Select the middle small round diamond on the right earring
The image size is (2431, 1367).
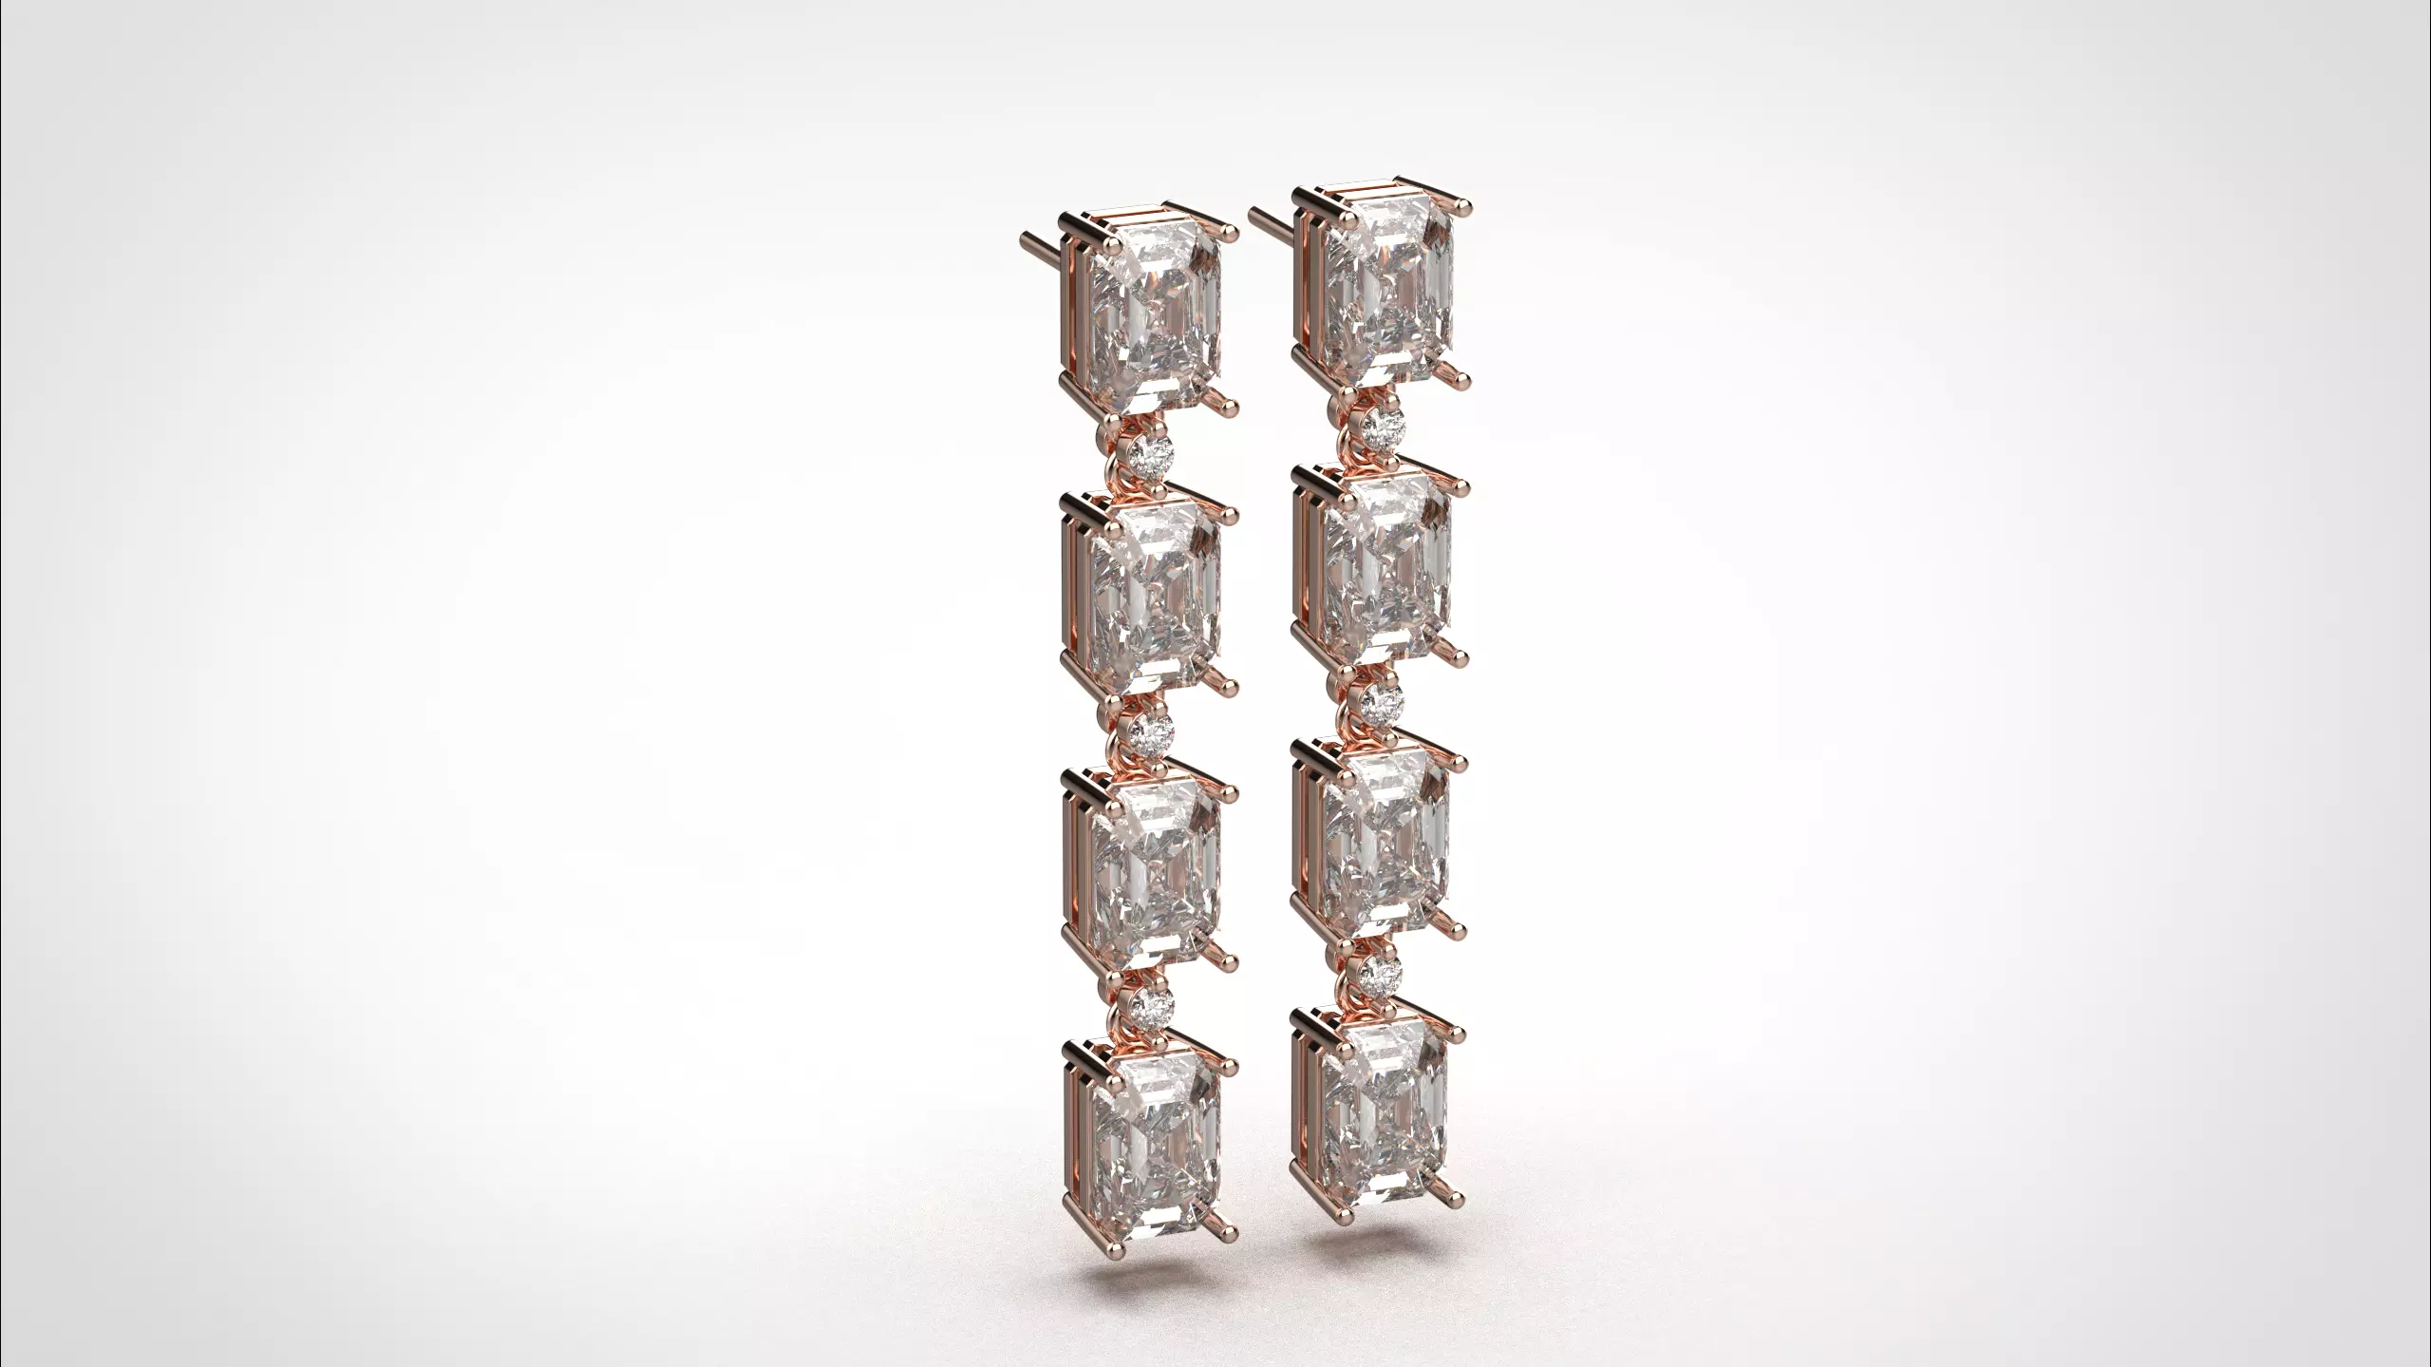pyautogui.click(x=1383, y=700)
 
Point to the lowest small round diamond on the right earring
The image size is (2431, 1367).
pyautogui.click(x=1379, y=970)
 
